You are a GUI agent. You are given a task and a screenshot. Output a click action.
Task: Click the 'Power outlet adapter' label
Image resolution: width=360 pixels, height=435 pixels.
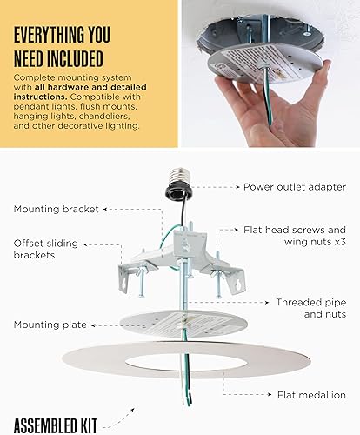pos(295,186)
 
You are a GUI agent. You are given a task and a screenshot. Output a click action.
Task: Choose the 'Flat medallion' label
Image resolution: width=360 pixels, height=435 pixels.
pos(311,394)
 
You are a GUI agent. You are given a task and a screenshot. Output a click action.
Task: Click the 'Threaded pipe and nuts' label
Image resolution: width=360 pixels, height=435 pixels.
pos(311,308)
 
